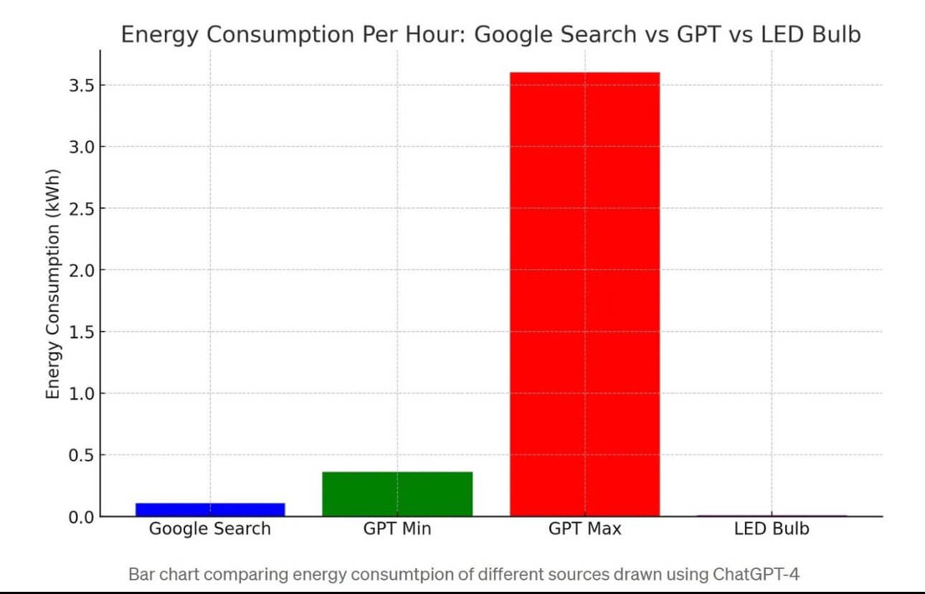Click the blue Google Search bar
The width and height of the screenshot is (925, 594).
pyautogui.click(x=210, y=509)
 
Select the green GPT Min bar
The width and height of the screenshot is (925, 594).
pyautogui.click(x=397, y=494)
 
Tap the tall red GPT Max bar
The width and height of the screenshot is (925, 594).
pyautogui.click(x=584, y=294)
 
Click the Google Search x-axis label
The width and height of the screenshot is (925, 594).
pyautogui.click(x=210, y=529)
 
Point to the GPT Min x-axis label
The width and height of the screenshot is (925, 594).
pyautogui.click(x=397, y=529)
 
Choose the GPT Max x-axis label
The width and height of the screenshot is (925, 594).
pyautogui.click(x=584, y=529)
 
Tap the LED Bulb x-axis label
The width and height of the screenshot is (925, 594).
pyautogui.click(x=772, y=529)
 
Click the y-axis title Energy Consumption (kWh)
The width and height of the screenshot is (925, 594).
pyautogui.click(x=52, y=285)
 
